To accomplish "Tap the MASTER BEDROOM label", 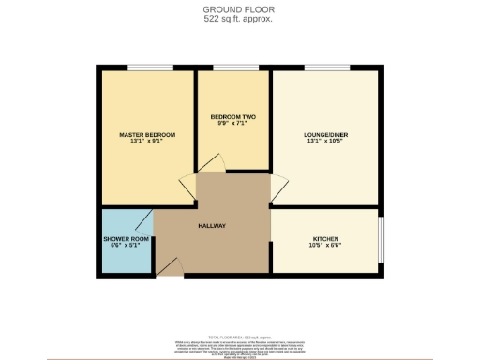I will coord(147,135).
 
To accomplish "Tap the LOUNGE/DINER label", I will coord(326,135).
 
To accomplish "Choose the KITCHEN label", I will coord(325,239).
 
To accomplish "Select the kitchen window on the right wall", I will coord(382,241).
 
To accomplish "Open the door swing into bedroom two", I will coord(211,165).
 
